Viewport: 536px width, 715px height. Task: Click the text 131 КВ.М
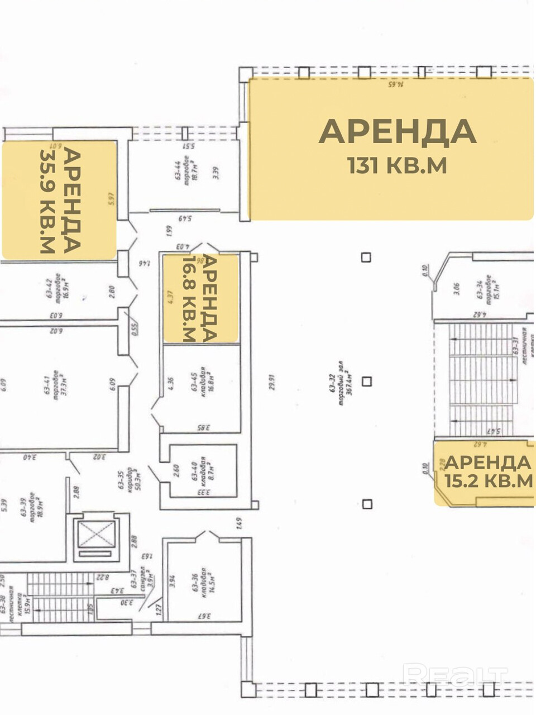397,165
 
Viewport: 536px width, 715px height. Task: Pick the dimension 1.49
238,523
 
